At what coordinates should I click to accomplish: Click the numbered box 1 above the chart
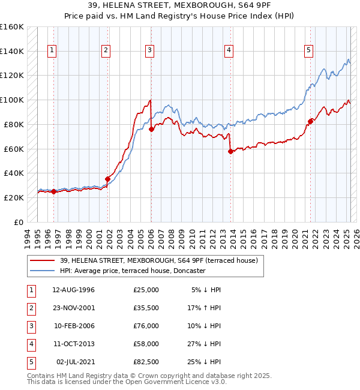(x=53, y=51)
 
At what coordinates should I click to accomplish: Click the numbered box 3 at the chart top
(x=149, y=51)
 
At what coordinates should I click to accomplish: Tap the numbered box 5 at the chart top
(x=308, y=51)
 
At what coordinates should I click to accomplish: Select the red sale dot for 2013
(x=230, y=151)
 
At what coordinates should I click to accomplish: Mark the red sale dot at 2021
(x=310, y=121)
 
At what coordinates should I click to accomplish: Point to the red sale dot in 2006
(x=151, y=129)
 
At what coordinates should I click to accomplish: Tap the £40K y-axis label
(x=14, y=173)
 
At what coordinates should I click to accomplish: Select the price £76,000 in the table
(x=146, y=326)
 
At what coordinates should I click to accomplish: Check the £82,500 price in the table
(x=146, y=362)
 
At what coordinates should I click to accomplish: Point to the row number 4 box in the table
(x=30, y=344)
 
